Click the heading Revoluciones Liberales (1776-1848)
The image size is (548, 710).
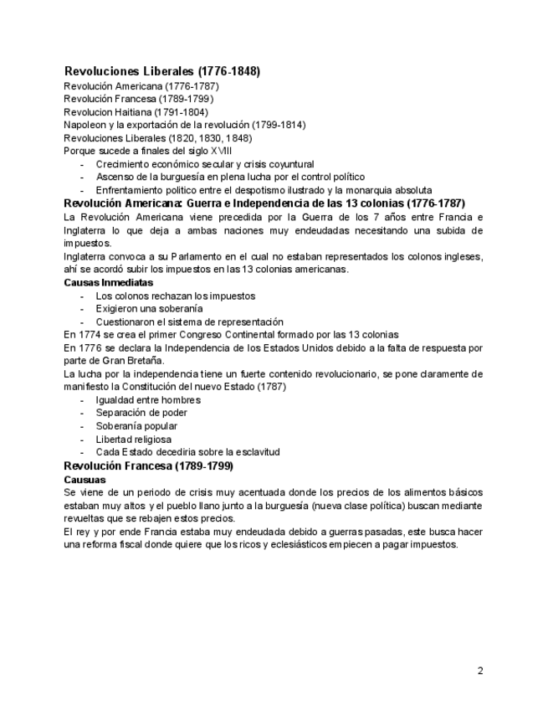pyautogui.click(x=161, y=72)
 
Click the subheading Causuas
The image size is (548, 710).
pyautogui.click(x=85, y=479)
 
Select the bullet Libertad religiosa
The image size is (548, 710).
pyautogui.click(x=133, y=439)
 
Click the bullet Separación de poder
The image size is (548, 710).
pyautogui.click(x=141, y=413)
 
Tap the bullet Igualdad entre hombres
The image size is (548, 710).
pyautogui.click(x=148, y=399)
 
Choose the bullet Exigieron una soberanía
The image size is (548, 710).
pyautogui.click(x=149, y=309)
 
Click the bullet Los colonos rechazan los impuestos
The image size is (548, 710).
pyautogui.click(x=175, y=296)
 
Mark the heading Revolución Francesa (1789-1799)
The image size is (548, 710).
pyautogui.click(x=148, y=466)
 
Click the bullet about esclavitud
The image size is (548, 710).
pyautogui.click(x=187, y=452)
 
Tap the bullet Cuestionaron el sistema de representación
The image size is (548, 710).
pyautogui.click(x=189, y=322)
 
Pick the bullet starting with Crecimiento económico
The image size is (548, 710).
pyautogui.click(x=204, y=164)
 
